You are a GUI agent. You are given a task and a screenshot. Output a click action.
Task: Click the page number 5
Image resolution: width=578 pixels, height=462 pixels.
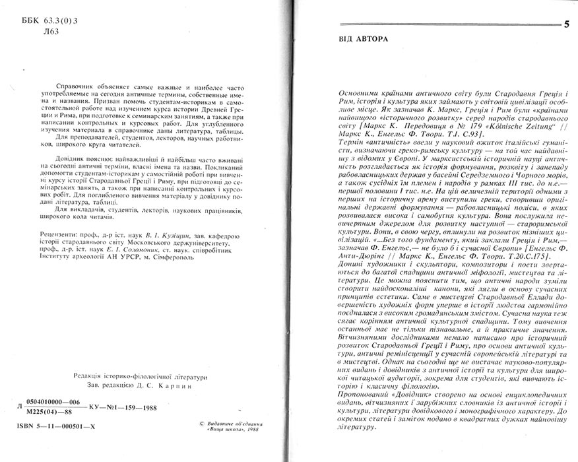[x=567, y=26]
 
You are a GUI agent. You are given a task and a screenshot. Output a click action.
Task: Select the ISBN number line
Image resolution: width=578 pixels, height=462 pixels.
[x=56, y=427]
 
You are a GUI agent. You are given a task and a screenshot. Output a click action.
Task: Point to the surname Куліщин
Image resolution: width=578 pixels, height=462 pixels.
[x=175, y=235]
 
